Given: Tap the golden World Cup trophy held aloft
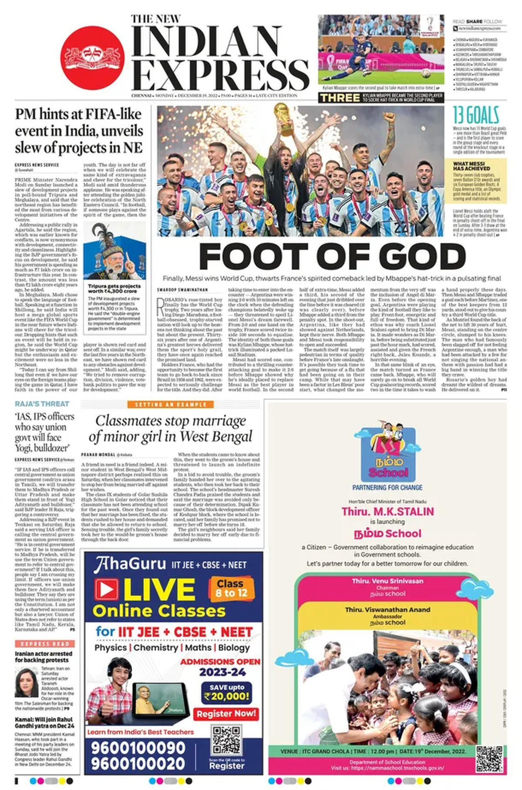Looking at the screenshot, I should [x=284, y=118].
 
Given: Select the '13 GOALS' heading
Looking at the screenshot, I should [x=475, y=116].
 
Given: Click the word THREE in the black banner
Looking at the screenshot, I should [x=339, y=98].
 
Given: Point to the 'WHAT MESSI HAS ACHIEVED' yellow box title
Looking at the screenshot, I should [x=472, y=166].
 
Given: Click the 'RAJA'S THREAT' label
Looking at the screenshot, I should [x=42, y=404].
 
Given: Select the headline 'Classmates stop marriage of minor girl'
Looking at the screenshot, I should [x=170, y=428].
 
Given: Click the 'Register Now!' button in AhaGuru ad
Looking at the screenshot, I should [x=226, y=714].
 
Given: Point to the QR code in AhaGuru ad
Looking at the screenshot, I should [x=226, y=740].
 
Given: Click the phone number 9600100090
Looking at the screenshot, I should [x=138, y=748].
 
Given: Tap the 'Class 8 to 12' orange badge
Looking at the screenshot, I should [x=231, y=588].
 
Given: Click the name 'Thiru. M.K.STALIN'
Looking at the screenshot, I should [x=387, y=512].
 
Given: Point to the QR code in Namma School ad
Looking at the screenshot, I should [x=489, y=759].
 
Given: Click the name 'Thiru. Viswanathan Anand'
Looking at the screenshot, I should [x=387, y=610].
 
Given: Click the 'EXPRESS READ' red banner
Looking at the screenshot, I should [x=45, y=644].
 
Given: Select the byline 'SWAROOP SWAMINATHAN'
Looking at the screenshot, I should [x=182, y=290].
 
